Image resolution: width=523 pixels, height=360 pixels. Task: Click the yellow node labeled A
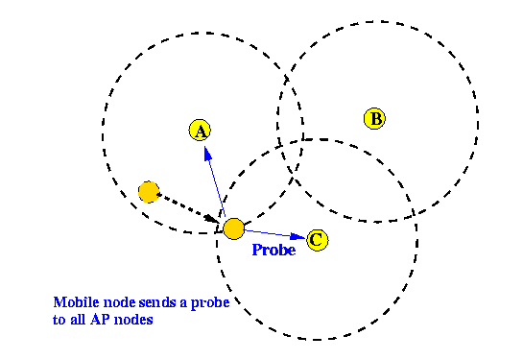coord(200,131)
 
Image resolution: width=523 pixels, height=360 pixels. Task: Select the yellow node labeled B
coord(374,118)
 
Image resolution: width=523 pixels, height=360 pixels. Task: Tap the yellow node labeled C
coord(318,240)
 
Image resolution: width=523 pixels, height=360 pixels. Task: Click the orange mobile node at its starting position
coord(149,192)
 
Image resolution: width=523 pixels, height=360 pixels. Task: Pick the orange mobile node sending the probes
coord(233,228)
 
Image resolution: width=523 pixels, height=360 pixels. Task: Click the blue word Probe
coord(273,250)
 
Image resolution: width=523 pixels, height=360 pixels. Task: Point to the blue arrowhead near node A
coord(208,154)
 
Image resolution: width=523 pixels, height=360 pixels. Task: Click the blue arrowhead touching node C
coord(297,236)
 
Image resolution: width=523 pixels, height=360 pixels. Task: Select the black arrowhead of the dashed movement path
coord(212,219)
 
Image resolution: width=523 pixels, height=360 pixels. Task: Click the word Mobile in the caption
coord(77,302)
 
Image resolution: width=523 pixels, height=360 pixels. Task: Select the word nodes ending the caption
coord(133,320)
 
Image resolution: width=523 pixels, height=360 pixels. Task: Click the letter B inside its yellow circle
coord(375,119)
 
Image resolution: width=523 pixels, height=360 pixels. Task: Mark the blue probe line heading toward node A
coord(214,181)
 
